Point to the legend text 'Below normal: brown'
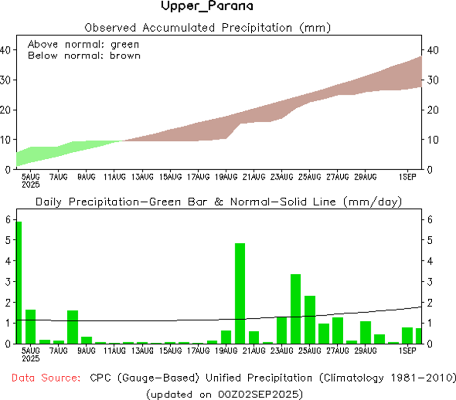84,55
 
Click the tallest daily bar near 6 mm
19,282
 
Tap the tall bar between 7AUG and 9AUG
73,326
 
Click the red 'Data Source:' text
46,378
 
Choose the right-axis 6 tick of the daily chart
430,219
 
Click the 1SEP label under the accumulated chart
407,177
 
